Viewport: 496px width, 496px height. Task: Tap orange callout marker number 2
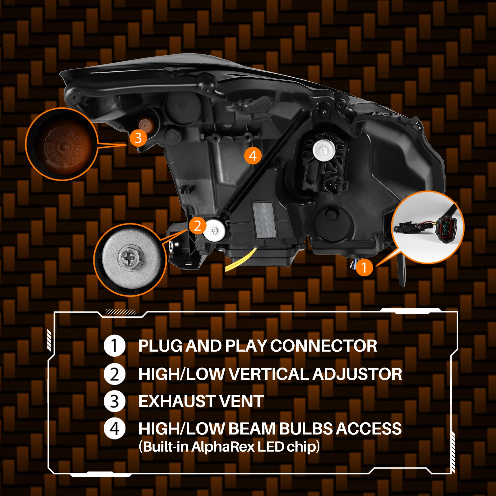[x=197, y=226]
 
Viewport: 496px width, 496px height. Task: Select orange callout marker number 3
[x=138, y=138]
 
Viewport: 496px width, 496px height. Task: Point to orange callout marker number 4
[x=253, y=155]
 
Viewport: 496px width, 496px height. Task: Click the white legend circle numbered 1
[x=115, y=346]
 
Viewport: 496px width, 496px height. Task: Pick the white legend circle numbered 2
[x=115, y=374]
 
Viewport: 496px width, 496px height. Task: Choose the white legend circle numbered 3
[x=115, y=401]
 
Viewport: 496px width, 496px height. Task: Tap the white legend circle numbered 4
[x=115, y=429]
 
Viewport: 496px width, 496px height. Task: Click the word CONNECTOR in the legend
[x=323, y=346]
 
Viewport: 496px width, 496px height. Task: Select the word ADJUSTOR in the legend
[x=357, y=374]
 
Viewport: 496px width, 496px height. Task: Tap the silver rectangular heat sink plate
[x=264, y=220]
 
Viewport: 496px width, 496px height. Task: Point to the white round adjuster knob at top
[x=324, y=150]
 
